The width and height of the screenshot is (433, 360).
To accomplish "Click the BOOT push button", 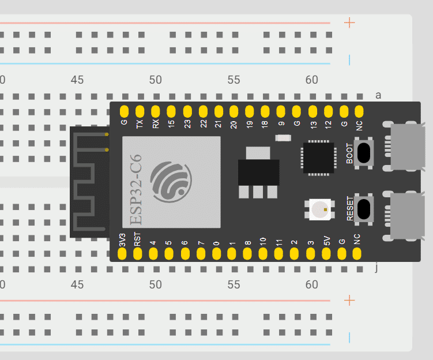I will pyautogui.click(x=364, y=153).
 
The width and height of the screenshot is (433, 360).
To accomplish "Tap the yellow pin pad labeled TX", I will pyautogui.click(x=140, y=111).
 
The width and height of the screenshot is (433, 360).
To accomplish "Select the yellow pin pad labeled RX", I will pyautogui.click(x=155, y=111).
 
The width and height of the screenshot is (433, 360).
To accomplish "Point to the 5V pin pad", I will pyautogui.click(x=326, y=252).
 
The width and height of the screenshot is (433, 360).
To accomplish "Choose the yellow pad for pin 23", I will pyautogui.click(x=187, y=111).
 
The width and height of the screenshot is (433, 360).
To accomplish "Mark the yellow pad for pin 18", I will pyautogui.click(x=265, y=111).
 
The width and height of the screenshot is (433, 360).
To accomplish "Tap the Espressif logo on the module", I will pyautogui.click(x=171, y=181).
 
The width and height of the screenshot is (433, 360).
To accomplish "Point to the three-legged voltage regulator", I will pyautogui.click(x=258, y=173).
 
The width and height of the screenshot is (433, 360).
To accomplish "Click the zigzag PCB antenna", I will pyautogui.click(x=88, y=182).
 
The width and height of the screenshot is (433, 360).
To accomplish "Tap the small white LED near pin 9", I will pyautogui.click(x=283, y=138).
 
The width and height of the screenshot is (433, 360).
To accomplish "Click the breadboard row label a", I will pyautogui.click(x=378, y=95).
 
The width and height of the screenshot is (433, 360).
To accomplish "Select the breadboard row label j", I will pyautogui.click(x=376, y=267).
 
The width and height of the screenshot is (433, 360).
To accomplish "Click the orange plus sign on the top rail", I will pyautogui.click(x=349, y=23).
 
